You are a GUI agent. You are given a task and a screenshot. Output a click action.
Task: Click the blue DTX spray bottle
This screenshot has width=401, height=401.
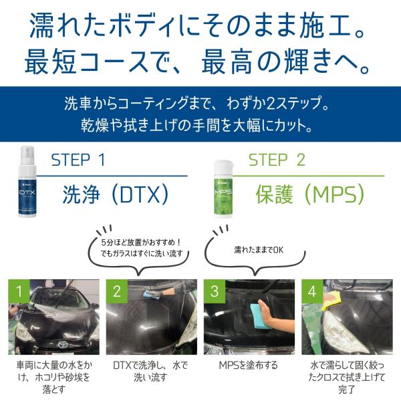click(x=27, y=182)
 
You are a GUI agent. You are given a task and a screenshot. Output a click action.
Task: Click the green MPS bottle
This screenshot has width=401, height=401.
click(x=223, y=188)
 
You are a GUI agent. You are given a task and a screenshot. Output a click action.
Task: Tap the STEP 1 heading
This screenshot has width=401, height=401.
click(x=78, y=160)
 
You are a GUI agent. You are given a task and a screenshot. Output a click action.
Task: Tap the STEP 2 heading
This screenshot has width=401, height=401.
click(x=277, y=160)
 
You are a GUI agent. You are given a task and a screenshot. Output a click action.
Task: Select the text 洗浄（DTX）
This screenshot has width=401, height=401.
click(x=116, y=194)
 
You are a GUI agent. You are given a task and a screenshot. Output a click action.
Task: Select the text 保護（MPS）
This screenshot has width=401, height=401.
click(x=310, y=194)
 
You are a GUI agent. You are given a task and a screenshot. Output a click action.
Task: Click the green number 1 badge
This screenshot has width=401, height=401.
click(x=19, y=291)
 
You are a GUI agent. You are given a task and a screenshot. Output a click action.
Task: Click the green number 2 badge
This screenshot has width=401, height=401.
click(x=117, y=291)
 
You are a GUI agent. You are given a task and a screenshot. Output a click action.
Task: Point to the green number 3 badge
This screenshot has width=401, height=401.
click(x=215, y=291)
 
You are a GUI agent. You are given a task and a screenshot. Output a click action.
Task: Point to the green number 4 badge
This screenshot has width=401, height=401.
click(x=312, y=291)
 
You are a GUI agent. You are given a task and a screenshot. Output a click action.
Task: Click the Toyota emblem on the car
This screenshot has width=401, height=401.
click(x=62, y=344)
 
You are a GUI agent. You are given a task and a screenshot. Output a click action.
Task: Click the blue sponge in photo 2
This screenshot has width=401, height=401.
click(x=152, y=294)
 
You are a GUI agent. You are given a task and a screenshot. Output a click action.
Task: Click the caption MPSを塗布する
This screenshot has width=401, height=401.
click(x=249, y=365)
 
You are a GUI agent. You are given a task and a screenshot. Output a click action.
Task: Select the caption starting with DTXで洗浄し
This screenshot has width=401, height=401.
click(x=150, y=371)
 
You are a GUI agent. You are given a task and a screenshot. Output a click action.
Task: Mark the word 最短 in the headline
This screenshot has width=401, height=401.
click(x=51, y=61)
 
